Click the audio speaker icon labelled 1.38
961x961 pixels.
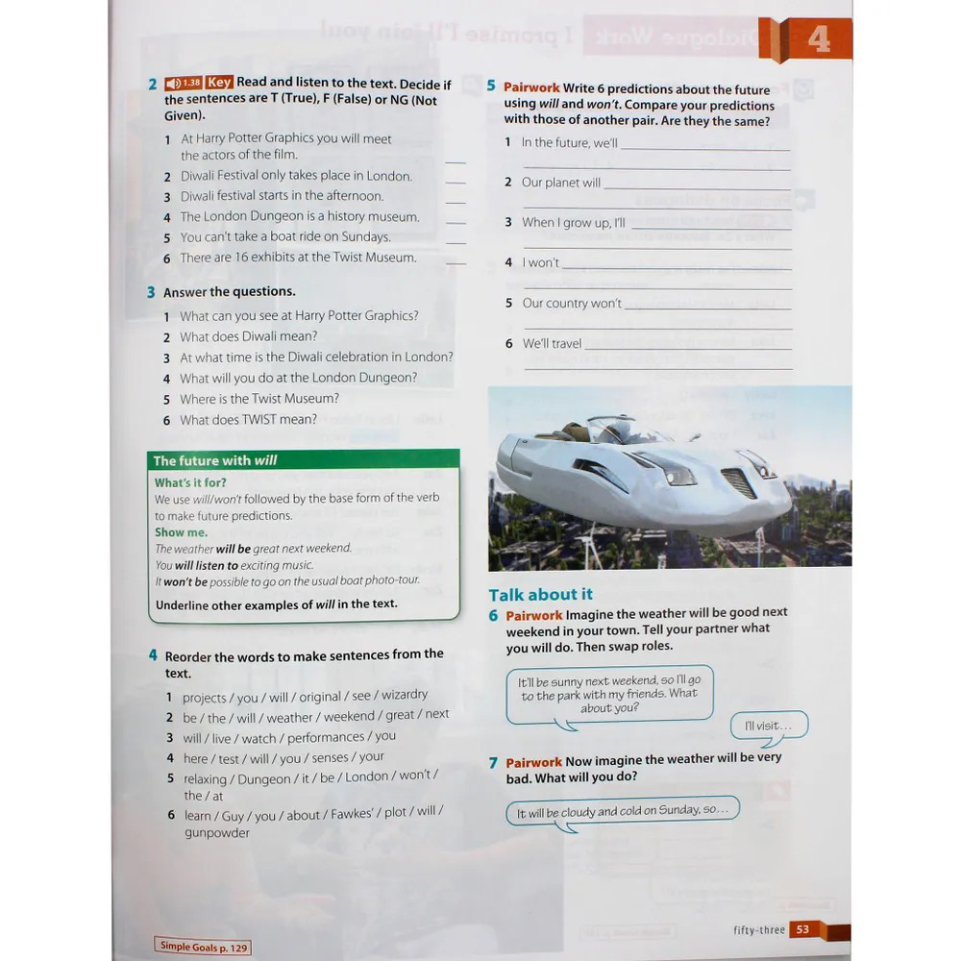point(183,83)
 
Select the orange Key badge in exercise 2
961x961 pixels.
point(219,83)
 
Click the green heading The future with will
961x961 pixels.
point(215,460)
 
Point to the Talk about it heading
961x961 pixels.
point(540,594)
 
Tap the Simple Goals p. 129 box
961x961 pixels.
point(203,947)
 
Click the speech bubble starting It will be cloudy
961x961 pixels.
point(623,811)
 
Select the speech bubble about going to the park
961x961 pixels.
point(609,693)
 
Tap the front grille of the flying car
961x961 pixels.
point(738,481)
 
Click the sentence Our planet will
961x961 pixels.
point(561,183)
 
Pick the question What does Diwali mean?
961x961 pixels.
point(248,336)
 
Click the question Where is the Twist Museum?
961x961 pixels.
point(259,399)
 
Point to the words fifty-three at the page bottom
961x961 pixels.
point(758,930)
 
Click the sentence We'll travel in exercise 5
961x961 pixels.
point(552,343)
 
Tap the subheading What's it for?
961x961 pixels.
point(190,482)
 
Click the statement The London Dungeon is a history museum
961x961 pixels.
point(300,216)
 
